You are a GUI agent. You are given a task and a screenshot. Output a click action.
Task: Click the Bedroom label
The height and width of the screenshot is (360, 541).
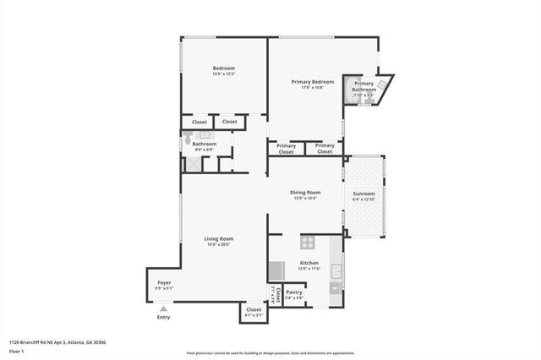coord(223,68)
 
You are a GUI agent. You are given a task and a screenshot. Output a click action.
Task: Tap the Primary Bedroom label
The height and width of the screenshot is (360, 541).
coord(313,82)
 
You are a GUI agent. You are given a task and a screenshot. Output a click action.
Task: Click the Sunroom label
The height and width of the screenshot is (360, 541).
coord(363,194)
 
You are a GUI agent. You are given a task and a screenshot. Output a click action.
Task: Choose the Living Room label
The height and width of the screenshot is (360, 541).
coord(218,238)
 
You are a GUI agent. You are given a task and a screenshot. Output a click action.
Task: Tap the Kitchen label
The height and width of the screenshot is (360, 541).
coord(309,263)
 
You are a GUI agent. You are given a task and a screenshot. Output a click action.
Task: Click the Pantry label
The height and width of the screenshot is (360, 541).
coord(293,292)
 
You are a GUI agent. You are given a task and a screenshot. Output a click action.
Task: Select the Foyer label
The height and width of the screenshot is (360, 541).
coord(164,283)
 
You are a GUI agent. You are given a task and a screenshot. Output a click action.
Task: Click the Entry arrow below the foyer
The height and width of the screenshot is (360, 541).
coord(163,309)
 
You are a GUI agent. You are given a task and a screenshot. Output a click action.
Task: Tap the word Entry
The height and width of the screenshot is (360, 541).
coord(163,318)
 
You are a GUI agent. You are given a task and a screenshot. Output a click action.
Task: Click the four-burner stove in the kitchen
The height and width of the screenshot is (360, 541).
coord(308,243)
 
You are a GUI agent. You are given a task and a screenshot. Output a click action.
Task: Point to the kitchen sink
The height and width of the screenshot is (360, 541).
coord(336,271)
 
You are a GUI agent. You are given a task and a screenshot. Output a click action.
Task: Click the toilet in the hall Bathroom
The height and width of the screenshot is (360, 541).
coord(187,144)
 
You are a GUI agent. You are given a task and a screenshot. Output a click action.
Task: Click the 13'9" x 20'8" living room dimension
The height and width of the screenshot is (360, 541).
coord(218,244)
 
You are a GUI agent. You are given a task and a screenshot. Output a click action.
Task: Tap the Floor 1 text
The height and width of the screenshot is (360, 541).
coord(16,351)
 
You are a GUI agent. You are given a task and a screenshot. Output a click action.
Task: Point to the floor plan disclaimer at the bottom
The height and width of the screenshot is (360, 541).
coord(270,352)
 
